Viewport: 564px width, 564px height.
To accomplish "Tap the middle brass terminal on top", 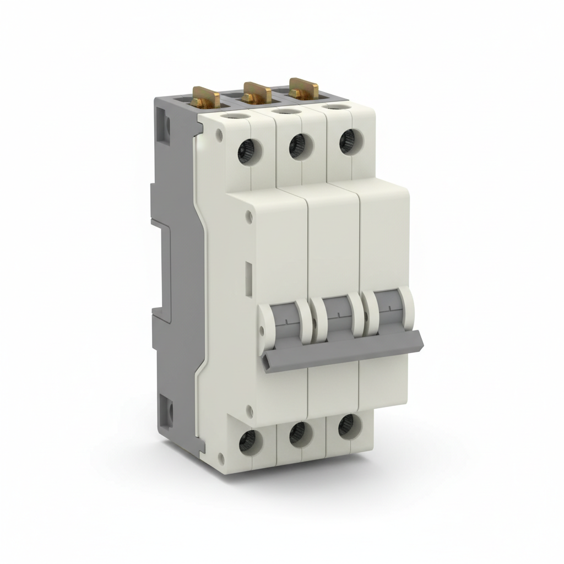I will point(257,92).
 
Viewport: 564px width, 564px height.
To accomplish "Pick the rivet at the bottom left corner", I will point(222,455).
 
